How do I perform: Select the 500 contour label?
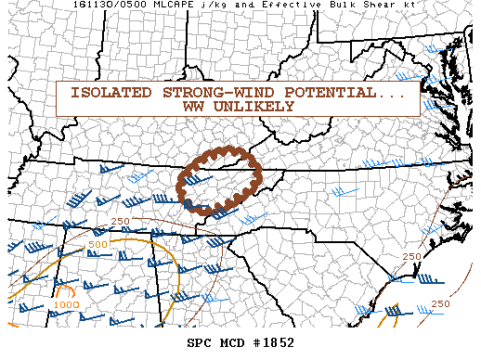click(98, 244)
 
